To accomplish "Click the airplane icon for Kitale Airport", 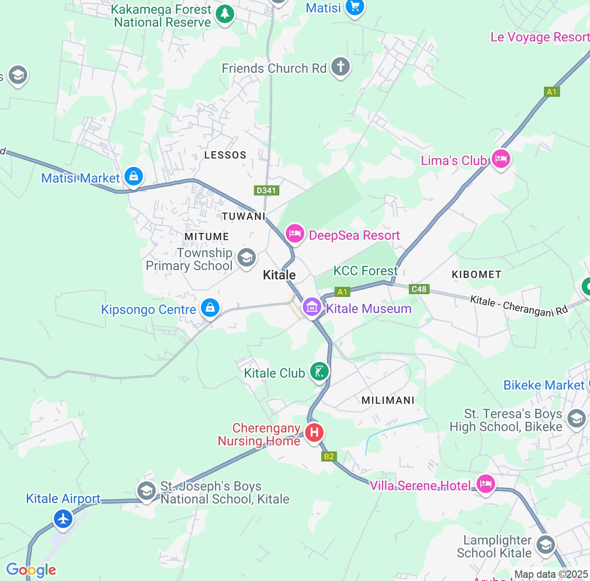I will point(63,519).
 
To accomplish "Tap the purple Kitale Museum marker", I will point(312,307).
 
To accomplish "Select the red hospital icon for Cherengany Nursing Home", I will point(314,433).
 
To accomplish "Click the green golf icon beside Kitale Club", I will point(319,371).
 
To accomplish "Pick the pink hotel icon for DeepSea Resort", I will point(295,233).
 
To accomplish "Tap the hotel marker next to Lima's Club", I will point(501,159).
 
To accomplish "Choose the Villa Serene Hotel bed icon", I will point(486,484).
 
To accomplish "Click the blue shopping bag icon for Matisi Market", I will point(134,176).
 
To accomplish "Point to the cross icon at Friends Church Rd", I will point(341,67).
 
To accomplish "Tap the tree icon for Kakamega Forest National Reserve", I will point(225,14).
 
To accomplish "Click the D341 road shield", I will point(266,190).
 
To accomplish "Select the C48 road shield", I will point(419,289).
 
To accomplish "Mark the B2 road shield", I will point(329,456).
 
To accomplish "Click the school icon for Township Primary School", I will point(247,257).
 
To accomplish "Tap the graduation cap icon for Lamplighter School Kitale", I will point(545,545).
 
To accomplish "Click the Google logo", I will point(31,570).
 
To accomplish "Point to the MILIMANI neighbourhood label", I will point(388,400).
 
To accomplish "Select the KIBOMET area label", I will point(476,275).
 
